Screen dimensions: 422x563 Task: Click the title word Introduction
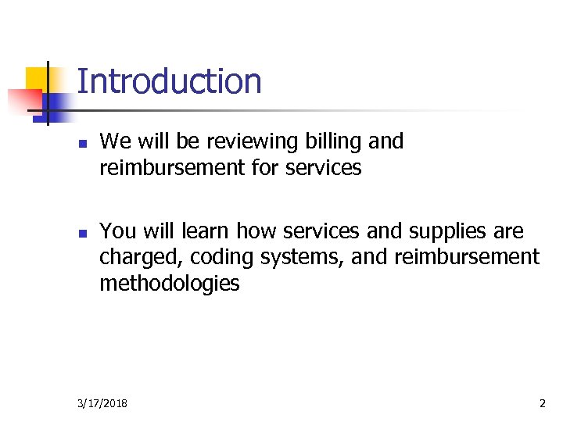[169, 81]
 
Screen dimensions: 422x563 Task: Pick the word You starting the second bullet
[117, 231]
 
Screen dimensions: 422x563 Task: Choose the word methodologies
[170, 283]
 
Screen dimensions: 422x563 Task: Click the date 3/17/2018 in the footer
[103, 403]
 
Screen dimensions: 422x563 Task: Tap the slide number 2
[542, 403]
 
